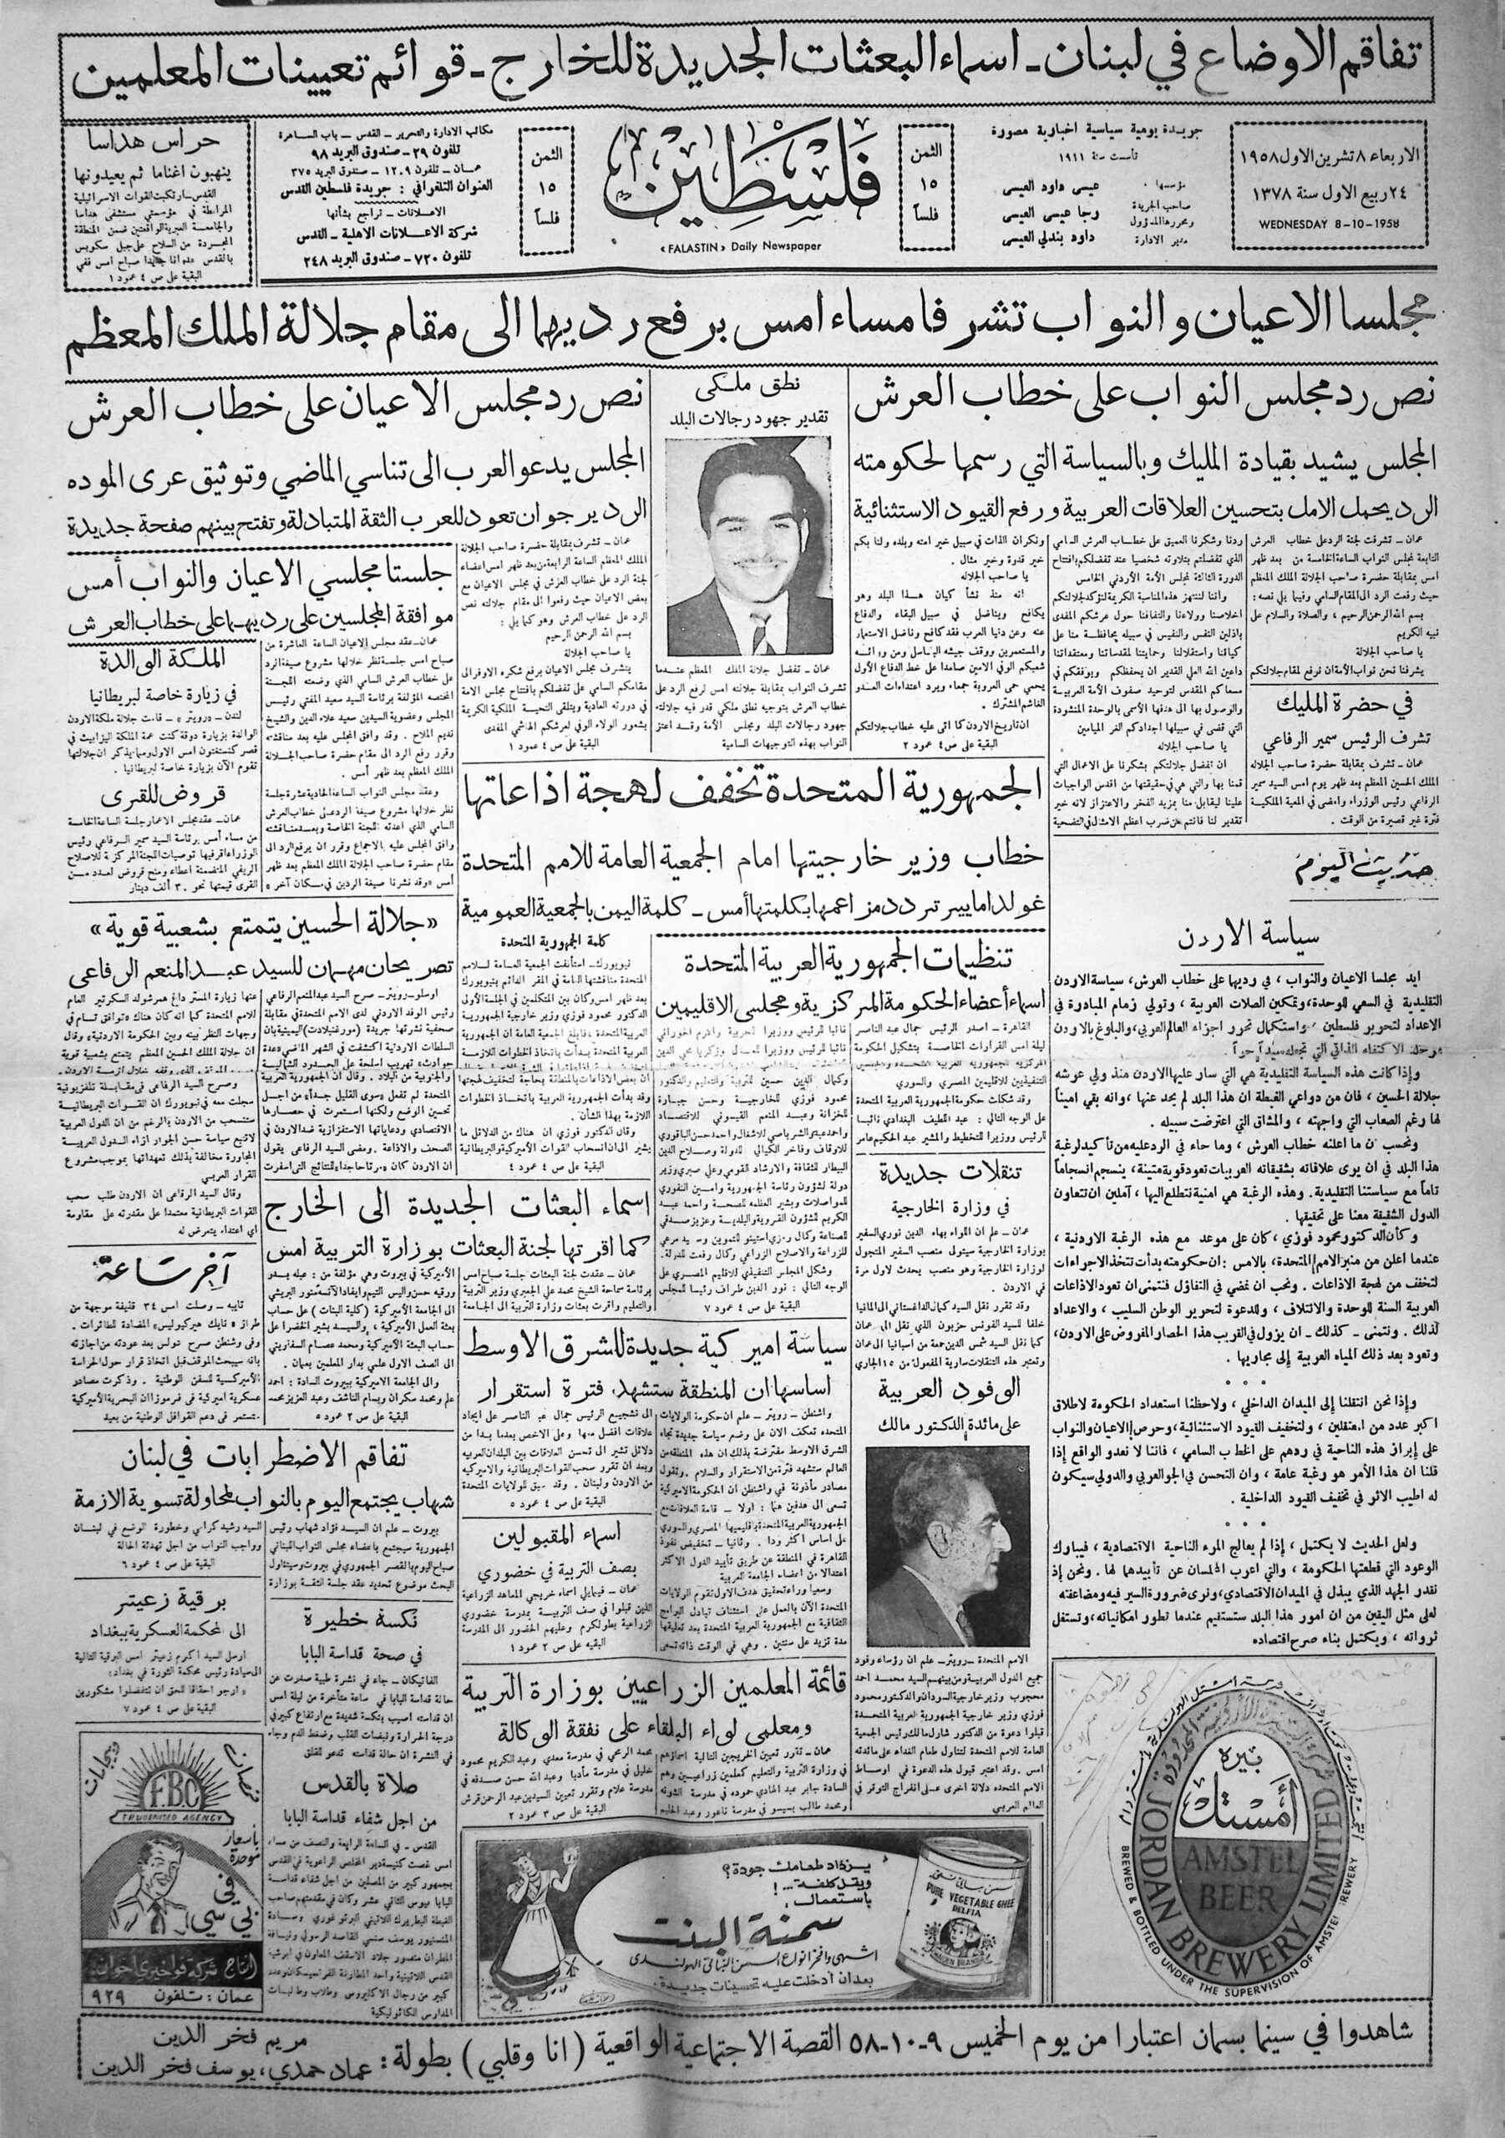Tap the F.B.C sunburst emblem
tap(154, 1776)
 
